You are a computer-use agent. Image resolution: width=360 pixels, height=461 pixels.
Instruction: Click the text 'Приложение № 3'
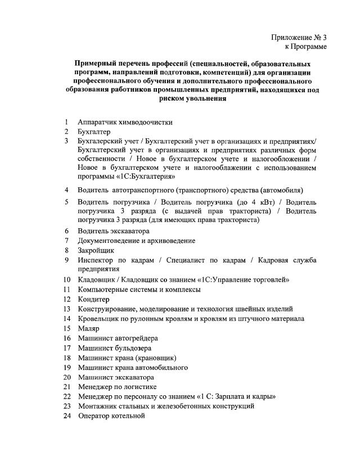(x=299, y=37)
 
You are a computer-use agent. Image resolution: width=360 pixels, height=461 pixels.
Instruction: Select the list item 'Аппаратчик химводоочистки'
(x=125, y=122)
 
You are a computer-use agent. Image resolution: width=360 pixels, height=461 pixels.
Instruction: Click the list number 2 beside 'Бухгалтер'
(x=66, y=131)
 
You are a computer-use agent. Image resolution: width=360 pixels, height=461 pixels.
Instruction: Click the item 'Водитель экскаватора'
(x=114, y=231)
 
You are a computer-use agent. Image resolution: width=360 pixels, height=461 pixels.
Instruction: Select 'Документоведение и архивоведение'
(x=137, y=240)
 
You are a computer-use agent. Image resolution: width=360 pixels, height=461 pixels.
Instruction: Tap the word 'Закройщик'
(x=96, y=250)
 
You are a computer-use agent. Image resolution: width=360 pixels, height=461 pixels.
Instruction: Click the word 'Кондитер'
(x=94, y=299)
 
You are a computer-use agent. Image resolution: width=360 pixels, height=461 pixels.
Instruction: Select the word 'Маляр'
(x=89, y=328)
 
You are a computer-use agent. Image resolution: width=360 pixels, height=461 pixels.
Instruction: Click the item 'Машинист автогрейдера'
(x=118, y=338)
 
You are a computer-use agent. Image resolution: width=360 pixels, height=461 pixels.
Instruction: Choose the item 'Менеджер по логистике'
(x=117, y=387)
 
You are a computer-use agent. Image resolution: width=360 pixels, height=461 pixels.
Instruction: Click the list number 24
(x=67, y=416)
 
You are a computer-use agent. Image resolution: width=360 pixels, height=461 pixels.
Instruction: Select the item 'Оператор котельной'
(x=111, y=416)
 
